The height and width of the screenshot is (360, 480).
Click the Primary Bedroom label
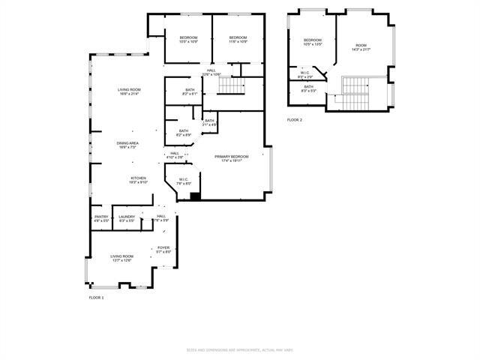(230, 158)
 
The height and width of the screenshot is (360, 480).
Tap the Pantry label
(101, 219)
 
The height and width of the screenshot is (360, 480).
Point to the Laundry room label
(127, 219)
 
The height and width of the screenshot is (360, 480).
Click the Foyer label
(163, 250)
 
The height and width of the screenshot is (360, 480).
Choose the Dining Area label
(127, 145)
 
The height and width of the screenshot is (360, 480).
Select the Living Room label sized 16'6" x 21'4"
(129, 91)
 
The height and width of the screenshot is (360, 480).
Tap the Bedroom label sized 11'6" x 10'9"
(238, 40)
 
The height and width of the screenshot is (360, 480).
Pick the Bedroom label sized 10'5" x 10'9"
(188, 40)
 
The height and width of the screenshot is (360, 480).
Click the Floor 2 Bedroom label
(312, 42)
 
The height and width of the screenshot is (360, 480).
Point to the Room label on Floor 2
(361, 47)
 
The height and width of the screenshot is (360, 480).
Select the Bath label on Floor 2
(309, 88)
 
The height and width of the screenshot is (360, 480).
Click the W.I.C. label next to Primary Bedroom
(184, 181)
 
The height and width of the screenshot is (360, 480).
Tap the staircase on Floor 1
(231, 88)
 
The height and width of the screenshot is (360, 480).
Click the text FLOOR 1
(97, 298)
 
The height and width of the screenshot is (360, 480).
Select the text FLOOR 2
(295, 120)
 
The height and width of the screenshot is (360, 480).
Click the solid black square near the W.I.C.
(195, 196)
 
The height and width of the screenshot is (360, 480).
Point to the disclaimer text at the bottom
(239, 350)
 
